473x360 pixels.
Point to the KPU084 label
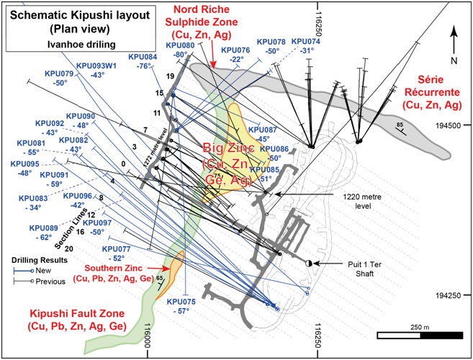coord(143,57)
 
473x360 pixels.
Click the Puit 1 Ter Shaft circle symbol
coord(310,264)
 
